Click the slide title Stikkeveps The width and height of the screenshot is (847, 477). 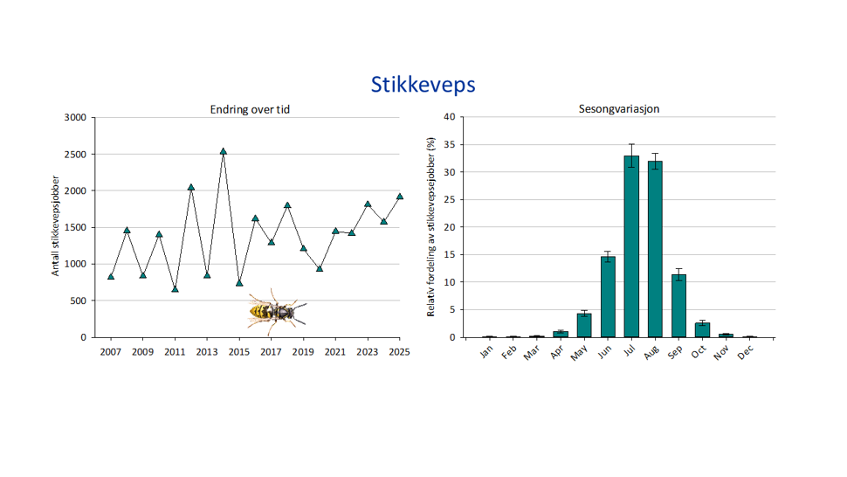tap(423, 85)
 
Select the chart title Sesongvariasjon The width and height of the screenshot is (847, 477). tap(620, 109)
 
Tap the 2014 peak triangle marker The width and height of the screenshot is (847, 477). tap(224, 151)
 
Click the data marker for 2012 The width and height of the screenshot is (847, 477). tap(191, 187)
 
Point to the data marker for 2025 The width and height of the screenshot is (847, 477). tap(400, 197)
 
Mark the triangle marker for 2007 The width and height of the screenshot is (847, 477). tap(111, 276)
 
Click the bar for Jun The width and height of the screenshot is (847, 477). tap(608, 297)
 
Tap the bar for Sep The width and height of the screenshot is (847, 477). tap(678, 306)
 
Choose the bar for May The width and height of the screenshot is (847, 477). tap(584, 325)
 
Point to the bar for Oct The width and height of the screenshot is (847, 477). tap(702, 330)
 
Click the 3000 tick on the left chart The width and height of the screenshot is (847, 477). tap(76, 117)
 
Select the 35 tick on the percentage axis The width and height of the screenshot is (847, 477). tap(448, 144)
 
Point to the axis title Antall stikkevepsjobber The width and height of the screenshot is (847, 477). tap(56, 227)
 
